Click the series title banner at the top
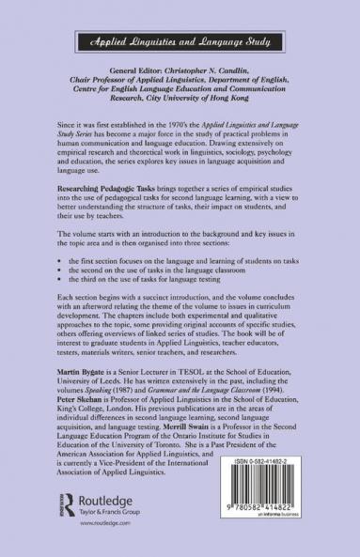coord(180,43)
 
